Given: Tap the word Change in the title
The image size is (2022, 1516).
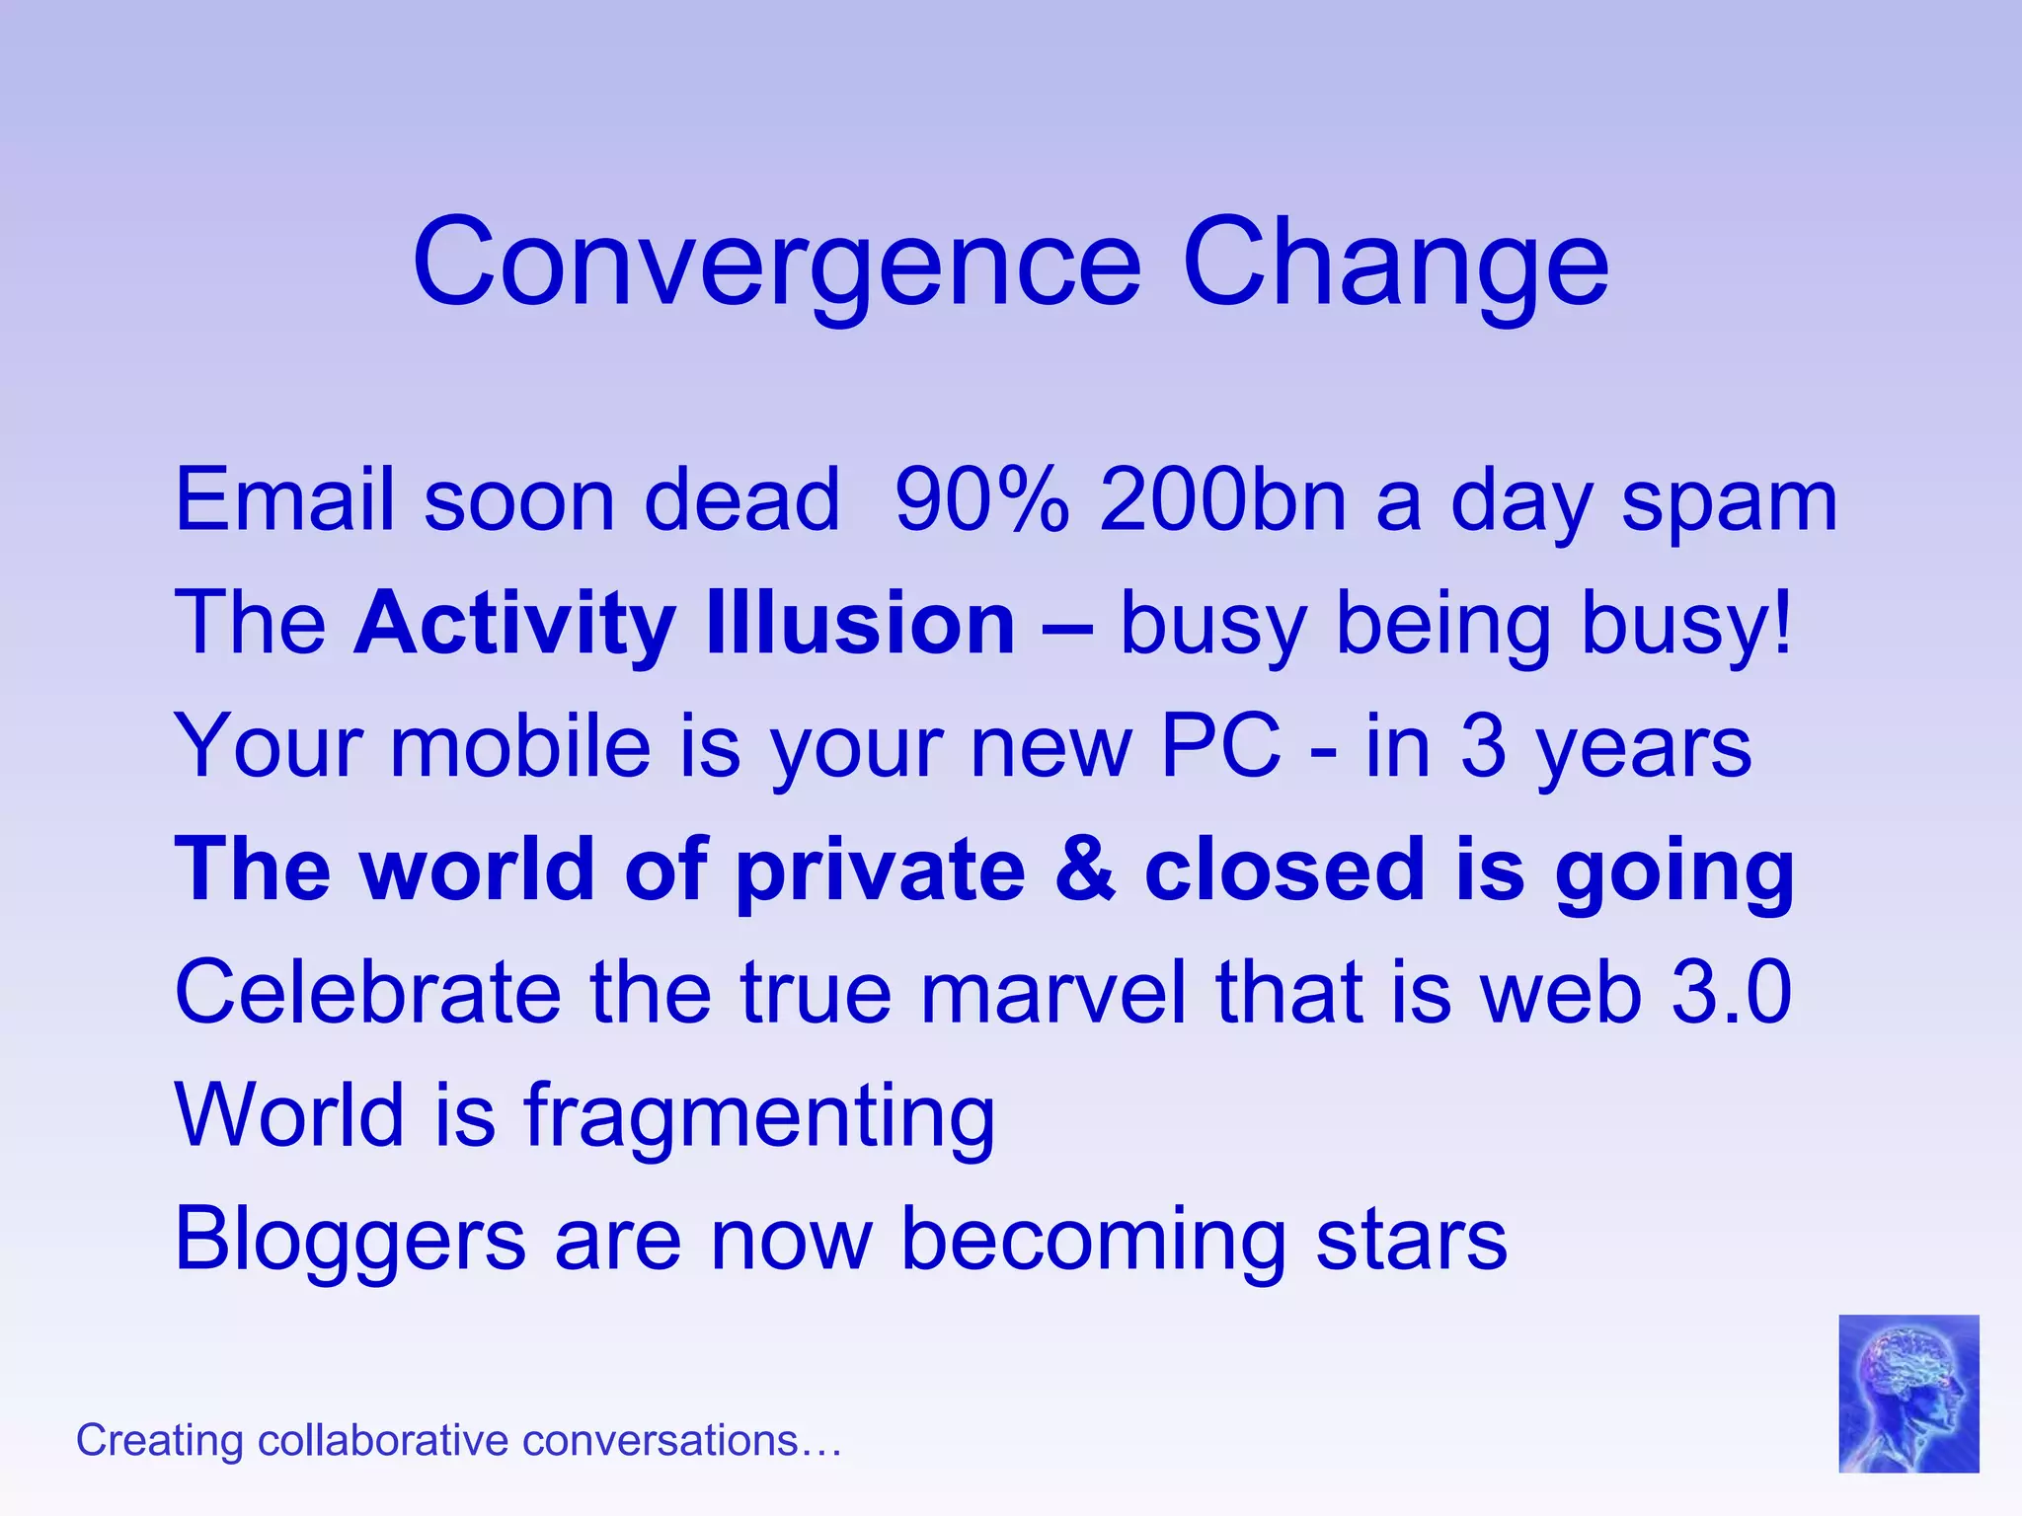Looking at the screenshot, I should [x=1394, y=265].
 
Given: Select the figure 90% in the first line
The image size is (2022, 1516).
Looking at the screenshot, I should [x=981, y=500].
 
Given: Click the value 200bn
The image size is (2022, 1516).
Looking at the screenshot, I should [x=1223, y=500].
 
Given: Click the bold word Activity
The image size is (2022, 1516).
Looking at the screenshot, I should [x=514, y=624].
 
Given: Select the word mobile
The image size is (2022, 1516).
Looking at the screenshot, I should [x=520, y=746].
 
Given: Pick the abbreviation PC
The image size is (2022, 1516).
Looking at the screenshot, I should [x=1220, y=746].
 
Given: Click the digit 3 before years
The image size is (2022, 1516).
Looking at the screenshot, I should [x=1483, y=747].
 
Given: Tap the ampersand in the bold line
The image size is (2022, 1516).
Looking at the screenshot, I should [x=1086, y=870].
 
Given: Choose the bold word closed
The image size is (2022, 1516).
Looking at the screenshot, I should [x=1285, y=870].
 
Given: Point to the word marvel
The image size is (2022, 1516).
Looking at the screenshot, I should [x=1052, y=993].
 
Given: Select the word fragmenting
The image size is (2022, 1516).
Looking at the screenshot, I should [x=758, y=1118].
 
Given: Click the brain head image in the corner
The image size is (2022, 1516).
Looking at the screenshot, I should [x=1907, y=1393].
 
